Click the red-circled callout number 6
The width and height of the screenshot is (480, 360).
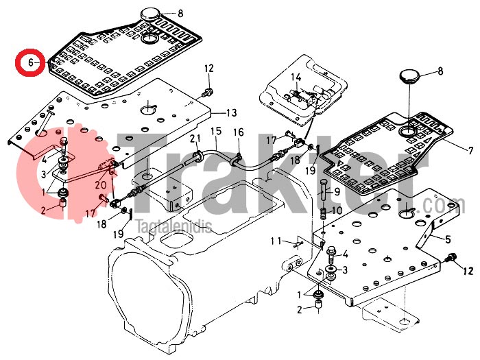(x=30, y=62)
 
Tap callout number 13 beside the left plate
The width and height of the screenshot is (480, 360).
(x=231, y=112)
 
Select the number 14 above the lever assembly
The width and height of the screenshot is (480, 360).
(x=296, y=77)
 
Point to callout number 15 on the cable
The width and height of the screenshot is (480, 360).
(x=215, y=131)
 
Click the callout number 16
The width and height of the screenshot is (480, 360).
(x=238, y=132)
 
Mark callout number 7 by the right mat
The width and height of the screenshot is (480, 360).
(x=452, y=150)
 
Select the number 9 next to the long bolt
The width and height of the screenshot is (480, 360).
(x=337, y=191)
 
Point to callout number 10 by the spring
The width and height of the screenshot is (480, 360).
(x=337, y=211)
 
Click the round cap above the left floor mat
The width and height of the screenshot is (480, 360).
(x=150, y=13)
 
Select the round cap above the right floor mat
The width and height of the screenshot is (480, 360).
(x=409, y=74)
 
